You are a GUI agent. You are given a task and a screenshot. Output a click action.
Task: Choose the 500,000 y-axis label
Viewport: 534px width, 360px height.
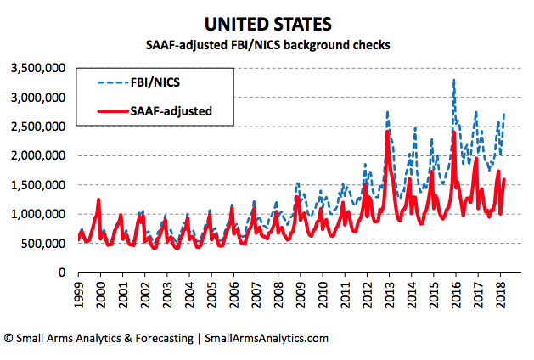coord(42,244)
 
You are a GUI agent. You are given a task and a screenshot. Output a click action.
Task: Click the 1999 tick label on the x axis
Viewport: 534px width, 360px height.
coord(80,294)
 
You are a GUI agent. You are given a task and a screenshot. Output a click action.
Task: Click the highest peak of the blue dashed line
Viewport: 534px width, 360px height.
coord(454,80)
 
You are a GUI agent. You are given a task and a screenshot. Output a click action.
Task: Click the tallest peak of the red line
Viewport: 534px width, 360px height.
coord(388,131)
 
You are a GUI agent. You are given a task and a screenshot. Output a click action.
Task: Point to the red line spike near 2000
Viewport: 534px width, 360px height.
coord(99,200)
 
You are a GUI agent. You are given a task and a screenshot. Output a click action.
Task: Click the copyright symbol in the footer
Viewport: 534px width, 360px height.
coord(9,338)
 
